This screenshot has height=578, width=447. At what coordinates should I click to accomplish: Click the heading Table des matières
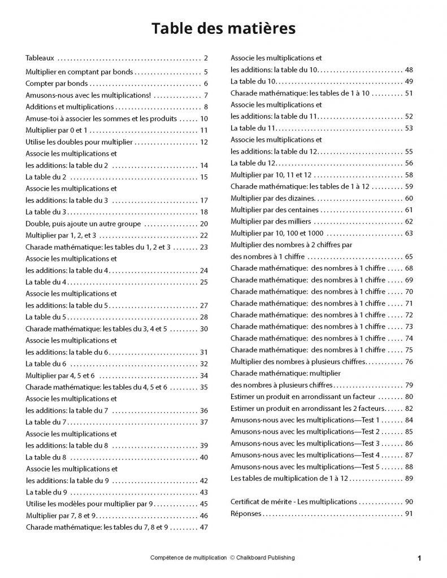(x=223, y=28)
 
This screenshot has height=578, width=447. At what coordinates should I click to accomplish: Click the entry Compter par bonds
(x=54, y=84)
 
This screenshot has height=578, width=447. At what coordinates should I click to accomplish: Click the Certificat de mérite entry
(x=294, y=501)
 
